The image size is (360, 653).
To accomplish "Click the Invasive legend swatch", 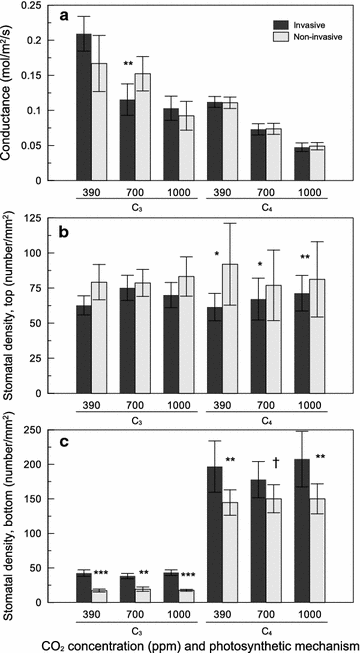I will (260, 19).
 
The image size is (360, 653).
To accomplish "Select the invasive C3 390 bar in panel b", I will (84, 341).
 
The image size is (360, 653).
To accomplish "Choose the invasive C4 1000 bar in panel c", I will (301, 531).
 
